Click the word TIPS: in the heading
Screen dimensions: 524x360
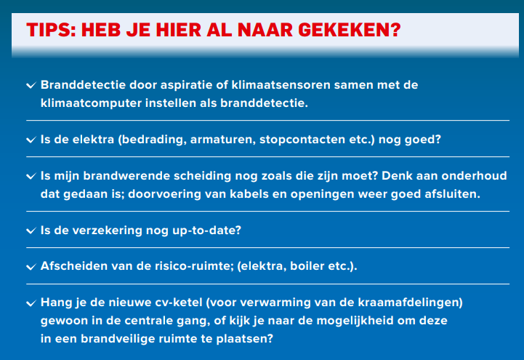pyautogui.click(x=51, y=30)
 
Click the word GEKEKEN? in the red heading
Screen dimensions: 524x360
pyautogui.click(x=350, y=30)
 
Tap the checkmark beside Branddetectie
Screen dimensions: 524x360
pyautogui.click(x=31, y=85)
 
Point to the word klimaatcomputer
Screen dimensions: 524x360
pyautogui.click(x=91, y=103)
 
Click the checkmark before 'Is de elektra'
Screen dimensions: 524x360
pyautogui.click(x=31, y=140)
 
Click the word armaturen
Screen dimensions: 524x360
pyautogui.click(x=222, y=140)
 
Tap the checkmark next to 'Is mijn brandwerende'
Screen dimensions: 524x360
pyautogui.click(x=31, y=176)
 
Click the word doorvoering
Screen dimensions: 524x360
pyautogui.click(x=164, y=194)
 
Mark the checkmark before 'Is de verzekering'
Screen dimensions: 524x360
pyautogui.click(x=31, y=231)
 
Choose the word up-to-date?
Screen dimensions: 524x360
pyautogui.click(x=207, y=231)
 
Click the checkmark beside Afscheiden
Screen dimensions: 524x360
pyautogui.click(x=31, y=267)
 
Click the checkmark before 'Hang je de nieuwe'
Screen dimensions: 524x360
pyautogui.click(x=31, y=303)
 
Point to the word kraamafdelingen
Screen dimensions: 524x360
pyautogui.click(x=411, y=303)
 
